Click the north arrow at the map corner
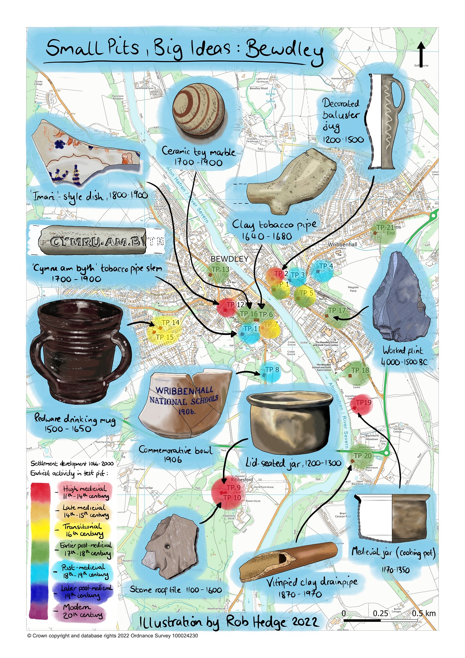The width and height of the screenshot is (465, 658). pyautogui.click(x=421, y=54)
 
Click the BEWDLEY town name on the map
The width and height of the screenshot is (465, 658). pyautogui.click(x=229, y=259)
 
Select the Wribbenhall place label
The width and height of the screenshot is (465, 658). pyautogui.click(x=342, y=245)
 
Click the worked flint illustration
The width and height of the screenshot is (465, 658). pyautogui.click(x=399, y=296)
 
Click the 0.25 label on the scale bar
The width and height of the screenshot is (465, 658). pyautogui.click(x=380, y=613)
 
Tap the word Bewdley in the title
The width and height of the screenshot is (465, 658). pyautogui.click(x=285, y=51)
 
